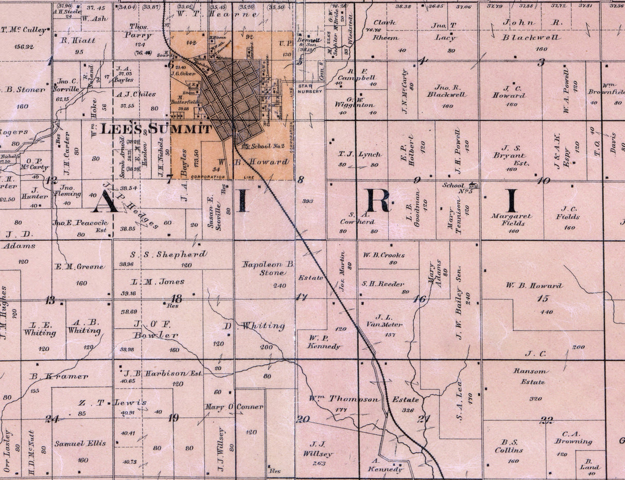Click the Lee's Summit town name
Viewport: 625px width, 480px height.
tap(155, 129)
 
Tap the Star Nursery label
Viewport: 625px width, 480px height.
tap(310, 88)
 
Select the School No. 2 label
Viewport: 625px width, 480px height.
tap(268, 146)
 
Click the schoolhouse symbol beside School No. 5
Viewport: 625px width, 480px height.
tap(473, 185)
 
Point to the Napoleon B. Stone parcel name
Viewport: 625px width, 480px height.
tap(268, 269)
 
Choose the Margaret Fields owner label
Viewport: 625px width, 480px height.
tap(511, 220)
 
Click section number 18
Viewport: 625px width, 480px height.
tap(177, 298)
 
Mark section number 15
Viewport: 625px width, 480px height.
tap(543, 298)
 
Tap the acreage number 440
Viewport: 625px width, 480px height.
tap(547, 312)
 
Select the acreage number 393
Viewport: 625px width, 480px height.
tap(308, 201)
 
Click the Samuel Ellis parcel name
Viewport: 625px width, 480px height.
tap(80, 443)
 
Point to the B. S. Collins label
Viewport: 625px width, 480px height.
tap(509, 446)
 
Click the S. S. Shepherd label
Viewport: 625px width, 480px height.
tap(168, 254)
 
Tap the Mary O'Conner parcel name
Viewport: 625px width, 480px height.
tap(234, 406)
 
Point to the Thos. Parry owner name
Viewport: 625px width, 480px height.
tap(138, 32)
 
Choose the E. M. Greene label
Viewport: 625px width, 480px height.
tap(80, 266)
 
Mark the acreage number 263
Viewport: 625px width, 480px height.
tap(319, 463)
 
